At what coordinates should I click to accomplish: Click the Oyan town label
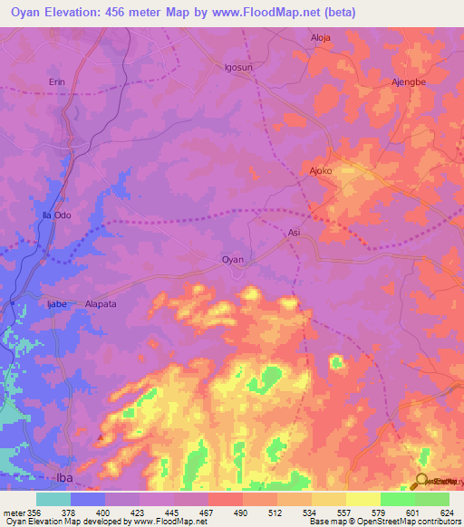tap(233, 260)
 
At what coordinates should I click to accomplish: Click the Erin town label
tap(57, 81)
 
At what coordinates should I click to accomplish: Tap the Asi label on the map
tap(294, 233)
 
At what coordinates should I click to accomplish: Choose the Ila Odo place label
tap(57, 215)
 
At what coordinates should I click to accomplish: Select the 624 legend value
tap(448, 513)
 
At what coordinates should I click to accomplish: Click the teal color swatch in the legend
tap(53, 499)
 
